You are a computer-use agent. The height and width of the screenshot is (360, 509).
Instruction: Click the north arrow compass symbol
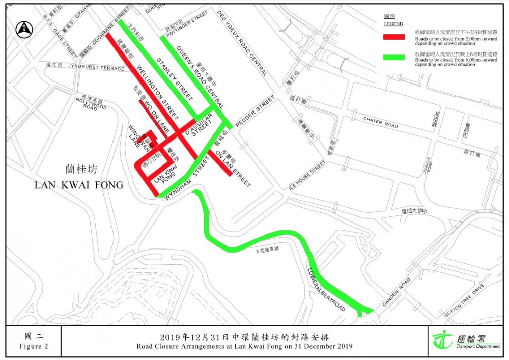coord(23,29)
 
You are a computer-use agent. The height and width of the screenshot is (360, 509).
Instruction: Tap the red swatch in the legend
coord(394,37)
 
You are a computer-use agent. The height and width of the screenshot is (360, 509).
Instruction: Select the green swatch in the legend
coord(394,58)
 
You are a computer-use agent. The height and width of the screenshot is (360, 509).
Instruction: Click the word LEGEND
coord(393,24)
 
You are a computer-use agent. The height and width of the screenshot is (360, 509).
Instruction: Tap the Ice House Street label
coord(307,176)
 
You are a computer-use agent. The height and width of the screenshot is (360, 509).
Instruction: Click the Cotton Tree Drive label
coord(464,301)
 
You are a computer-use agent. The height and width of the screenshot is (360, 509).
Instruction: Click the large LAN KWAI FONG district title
coord(79,185)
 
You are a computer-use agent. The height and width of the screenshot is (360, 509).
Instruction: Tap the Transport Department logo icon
coord(442,340)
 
